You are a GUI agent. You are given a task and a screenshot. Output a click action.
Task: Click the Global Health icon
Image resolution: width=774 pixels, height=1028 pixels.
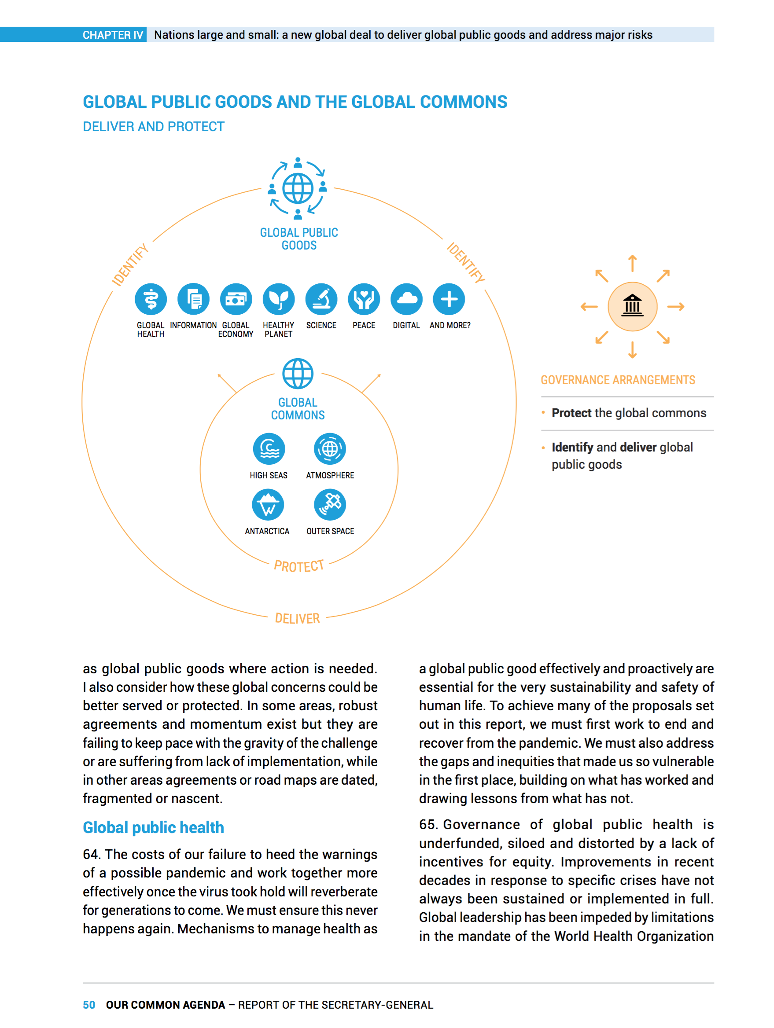pos(151,299)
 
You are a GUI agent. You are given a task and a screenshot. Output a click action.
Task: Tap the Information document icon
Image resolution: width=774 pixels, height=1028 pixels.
pos(193,299)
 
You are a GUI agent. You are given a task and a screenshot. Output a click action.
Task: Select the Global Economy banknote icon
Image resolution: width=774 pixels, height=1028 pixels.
pos(236,299)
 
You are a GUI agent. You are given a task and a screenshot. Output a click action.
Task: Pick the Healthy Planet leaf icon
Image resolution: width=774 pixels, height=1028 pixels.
pos(278,299)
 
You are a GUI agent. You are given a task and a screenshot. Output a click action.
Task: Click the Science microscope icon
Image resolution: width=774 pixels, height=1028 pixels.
pos(321,299)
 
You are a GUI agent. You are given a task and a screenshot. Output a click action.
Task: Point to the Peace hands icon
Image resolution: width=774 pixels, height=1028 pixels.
pos(364,299)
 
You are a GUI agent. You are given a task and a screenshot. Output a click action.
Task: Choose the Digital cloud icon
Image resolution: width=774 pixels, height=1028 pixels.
pos(406,299)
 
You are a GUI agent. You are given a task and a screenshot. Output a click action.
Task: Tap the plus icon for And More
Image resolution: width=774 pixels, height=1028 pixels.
pos(449,299)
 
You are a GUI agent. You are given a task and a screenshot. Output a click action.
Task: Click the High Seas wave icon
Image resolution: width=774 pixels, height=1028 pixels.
pos(269,449)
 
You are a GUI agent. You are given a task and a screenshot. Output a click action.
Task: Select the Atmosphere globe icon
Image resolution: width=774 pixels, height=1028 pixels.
pos(330,449)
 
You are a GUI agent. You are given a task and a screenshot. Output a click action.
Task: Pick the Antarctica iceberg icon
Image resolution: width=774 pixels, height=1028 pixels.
pos(268,505)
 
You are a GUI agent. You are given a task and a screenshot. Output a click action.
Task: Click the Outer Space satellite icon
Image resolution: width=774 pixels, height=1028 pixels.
pos(330,505)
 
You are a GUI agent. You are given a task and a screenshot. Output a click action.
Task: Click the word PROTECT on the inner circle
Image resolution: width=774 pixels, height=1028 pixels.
pos(299,566)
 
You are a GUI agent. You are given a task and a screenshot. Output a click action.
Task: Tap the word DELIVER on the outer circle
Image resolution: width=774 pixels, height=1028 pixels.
pos(298,618)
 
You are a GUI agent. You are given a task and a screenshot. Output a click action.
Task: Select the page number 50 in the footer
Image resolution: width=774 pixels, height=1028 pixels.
pos(89,1005)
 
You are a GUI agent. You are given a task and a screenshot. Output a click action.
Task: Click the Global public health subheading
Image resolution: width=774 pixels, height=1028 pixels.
pos(153,828)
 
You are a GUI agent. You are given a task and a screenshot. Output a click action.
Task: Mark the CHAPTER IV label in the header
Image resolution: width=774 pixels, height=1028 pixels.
pos(113,35)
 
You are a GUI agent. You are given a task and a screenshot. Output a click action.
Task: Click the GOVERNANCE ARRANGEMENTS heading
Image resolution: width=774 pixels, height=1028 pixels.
pos(618,380)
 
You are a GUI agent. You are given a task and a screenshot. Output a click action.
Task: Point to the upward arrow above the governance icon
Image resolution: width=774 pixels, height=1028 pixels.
pos(632,264)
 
